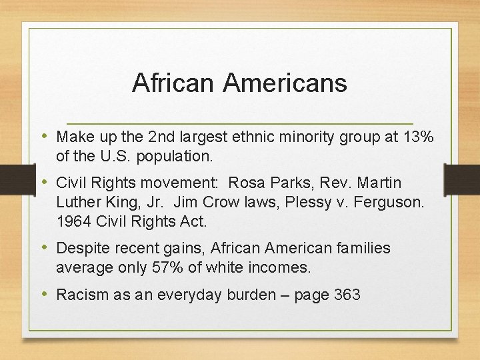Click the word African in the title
(174, 83)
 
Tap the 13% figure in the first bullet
(419, 137)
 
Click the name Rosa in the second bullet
(282, 183)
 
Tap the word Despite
(81, 248)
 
